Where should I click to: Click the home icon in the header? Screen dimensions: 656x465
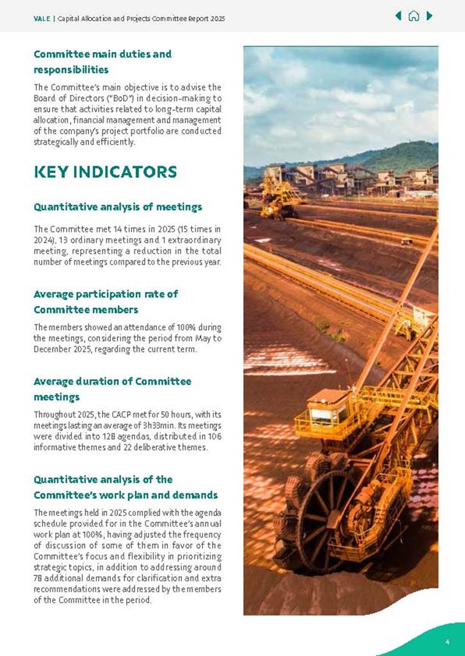413,16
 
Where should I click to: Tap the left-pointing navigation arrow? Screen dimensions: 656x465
398,16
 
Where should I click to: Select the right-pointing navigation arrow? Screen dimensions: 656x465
429,16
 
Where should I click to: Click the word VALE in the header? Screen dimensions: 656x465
42,19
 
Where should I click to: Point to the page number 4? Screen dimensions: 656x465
447,641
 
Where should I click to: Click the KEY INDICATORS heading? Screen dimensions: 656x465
105,172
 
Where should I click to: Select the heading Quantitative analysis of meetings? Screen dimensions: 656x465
118,207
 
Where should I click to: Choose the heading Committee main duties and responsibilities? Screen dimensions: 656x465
102,61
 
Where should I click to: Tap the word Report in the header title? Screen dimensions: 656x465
197,19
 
